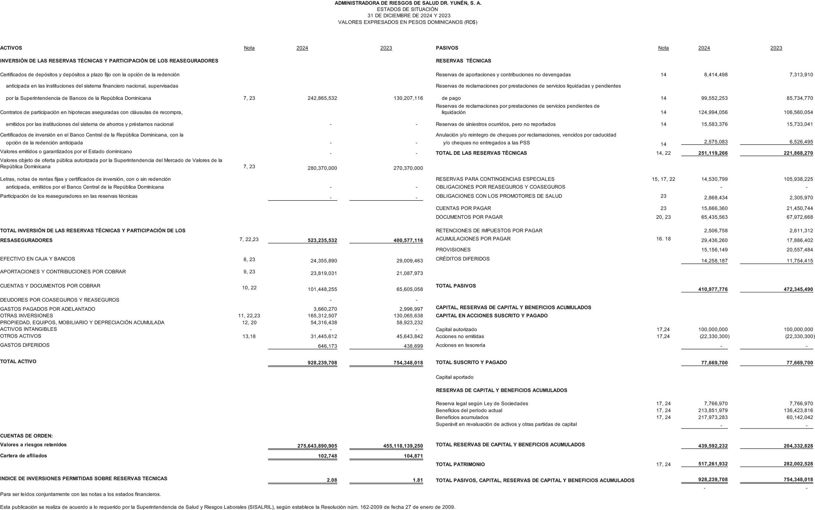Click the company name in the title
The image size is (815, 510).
(408, 3)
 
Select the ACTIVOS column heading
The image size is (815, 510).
(11, 48)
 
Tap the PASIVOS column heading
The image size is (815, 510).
(447, 48)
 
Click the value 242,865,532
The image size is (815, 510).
(322, 98)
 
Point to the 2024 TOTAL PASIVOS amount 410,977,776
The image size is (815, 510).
(713, 289)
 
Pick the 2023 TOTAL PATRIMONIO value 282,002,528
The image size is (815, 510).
(798, 464)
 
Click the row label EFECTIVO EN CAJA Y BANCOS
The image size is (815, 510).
(37, 259)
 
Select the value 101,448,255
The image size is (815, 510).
(322, 289)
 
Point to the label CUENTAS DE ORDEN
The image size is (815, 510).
(26, 436)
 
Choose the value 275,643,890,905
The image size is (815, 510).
(317, 446)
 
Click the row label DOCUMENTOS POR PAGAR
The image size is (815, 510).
(469, 217)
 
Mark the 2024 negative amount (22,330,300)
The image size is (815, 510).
(714, 336)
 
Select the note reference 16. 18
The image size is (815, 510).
(663, 239)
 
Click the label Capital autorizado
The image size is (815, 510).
(456, 330)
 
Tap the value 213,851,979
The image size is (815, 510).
(713, 411)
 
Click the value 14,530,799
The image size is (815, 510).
(714, 180)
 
